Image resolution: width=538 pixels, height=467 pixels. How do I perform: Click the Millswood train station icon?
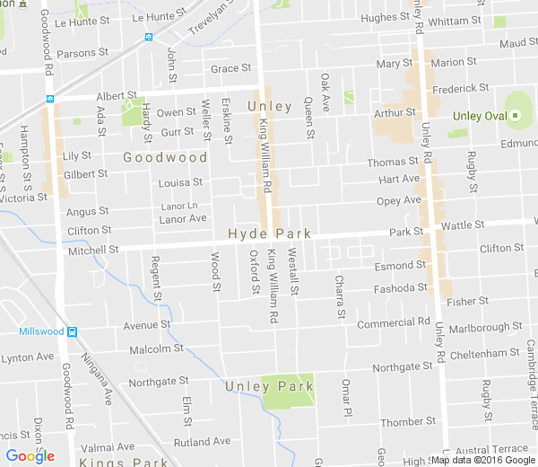tap(73, 331)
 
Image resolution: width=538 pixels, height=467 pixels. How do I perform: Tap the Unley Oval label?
tap(480, 116)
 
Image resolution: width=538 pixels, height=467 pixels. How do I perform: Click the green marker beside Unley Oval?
tap(516, 116)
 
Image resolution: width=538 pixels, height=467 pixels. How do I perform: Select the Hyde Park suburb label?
tap(269, 233)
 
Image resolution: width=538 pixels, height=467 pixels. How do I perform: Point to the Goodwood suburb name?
tap(165, 156)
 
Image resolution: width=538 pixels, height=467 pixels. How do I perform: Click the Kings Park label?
tap(117, 462)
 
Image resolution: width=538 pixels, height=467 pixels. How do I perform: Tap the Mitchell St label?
tap(93, 250)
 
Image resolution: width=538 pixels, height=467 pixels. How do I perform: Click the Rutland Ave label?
tap(202, 442)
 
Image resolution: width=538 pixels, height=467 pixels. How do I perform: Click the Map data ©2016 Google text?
tap(483, 460)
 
